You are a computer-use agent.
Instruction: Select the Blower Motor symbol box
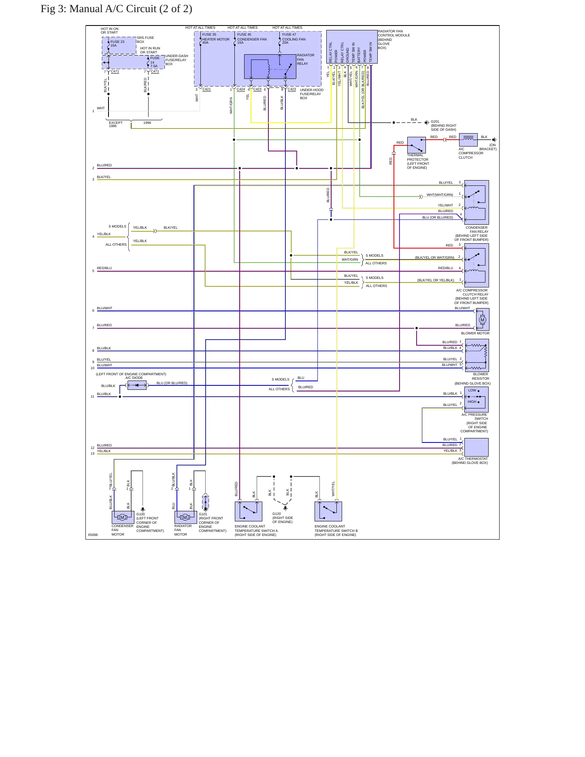click(483, 320)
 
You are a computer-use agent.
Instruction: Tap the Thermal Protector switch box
click(416, 145)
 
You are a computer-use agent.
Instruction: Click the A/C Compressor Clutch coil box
click(468, 140)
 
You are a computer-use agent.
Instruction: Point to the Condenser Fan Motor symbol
click(123, 517)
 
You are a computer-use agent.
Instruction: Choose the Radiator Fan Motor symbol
click(185, 517)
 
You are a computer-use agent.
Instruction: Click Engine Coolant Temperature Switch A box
click(248, 512)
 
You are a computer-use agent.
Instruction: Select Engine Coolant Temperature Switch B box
click(328, 512)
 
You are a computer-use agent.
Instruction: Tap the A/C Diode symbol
click(137, 385)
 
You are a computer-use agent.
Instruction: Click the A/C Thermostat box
click(477, 447)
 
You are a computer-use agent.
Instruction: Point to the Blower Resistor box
click(477, 355)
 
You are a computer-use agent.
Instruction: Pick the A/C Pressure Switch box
click(477, 400)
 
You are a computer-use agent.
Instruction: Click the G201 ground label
click(435, 121)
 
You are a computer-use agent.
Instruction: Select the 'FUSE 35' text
click(209, 34)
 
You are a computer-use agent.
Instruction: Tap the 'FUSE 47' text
click(289, 34)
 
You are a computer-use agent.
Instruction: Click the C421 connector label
click(206, 89)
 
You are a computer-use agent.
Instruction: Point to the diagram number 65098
click(93, 535)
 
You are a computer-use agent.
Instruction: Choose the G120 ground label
click(277, 514)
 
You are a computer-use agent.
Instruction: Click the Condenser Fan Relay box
click(477, 202)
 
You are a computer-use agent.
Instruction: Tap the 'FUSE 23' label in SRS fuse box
click(117, 42)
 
